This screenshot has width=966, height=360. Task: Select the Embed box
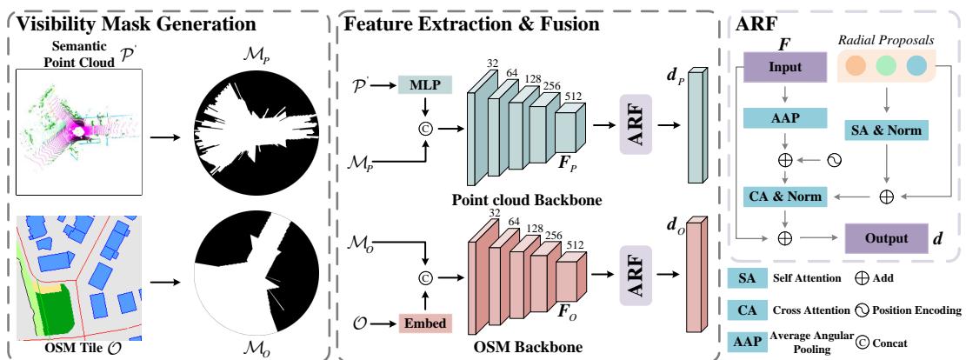click(x=423, y=323)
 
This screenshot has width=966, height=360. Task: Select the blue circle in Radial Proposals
click(x=915, y=65)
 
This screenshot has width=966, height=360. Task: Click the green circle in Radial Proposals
click(x=884, y=65)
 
